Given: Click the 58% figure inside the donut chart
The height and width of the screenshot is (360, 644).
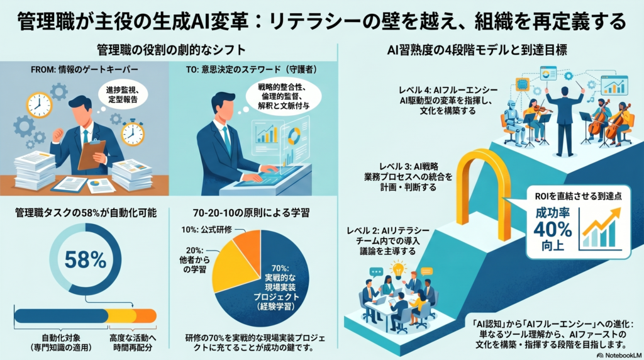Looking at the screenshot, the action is click(x=86, y=260).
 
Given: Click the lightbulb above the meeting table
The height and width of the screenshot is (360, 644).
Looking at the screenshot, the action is click(x=397, y=269).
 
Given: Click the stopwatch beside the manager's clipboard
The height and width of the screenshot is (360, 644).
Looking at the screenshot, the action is click(x=133, y=132).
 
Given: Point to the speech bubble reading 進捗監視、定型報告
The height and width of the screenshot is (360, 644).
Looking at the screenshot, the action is click(x=122, y=95).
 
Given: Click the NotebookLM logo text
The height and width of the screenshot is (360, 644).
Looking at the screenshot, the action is click(x=619, y=355).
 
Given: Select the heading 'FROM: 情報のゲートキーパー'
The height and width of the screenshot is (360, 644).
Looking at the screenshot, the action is click(x=85, y=70).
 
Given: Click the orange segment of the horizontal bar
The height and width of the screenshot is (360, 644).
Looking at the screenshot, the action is click(x=147, y=316).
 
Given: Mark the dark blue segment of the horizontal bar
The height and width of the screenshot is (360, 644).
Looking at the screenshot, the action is click(x=61, y=316).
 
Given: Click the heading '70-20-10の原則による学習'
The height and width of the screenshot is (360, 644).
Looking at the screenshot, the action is click(x=251, y=213).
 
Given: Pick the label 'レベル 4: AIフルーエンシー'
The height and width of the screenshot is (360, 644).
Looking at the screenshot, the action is click(x=448, y=90).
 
